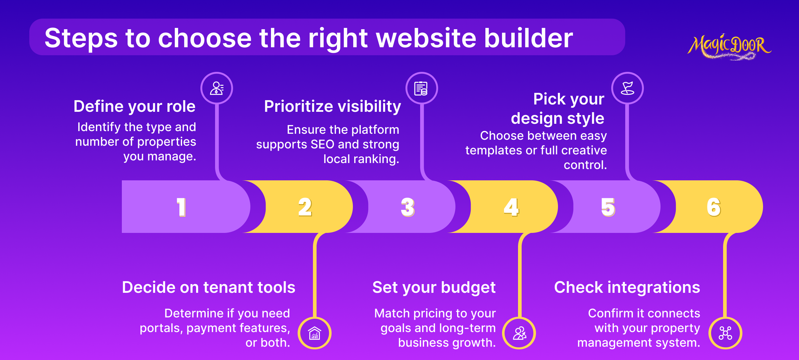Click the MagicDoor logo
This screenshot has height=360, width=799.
point(729,47)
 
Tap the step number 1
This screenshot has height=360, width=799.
point(181,207)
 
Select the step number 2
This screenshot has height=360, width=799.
point(305,207)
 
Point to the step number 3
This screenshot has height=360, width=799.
point(408,207)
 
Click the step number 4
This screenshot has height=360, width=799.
point(511,207)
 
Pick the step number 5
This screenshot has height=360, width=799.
point(608,207)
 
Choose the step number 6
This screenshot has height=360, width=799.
point(714,207)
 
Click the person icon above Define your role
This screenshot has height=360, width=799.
point(217,88)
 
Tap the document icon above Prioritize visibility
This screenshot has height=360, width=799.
point(421,88)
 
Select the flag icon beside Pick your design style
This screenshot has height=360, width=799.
point(628,88)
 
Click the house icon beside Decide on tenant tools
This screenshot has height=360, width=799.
point(315,333)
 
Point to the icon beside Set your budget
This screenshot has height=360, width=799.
point(520,333)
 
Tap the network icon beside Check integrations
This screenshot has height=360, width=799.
point(725,333)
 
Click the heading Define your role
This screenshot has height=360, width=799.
point(134,106)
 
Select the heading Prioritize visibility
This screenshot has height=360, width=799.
point(333,106)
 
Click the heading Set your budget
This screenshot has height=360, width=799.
point(434,287)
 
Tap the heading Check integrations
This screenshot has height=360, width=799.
point(627,287)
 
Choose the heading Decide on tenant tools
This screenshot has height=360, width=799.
point(209,287)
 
